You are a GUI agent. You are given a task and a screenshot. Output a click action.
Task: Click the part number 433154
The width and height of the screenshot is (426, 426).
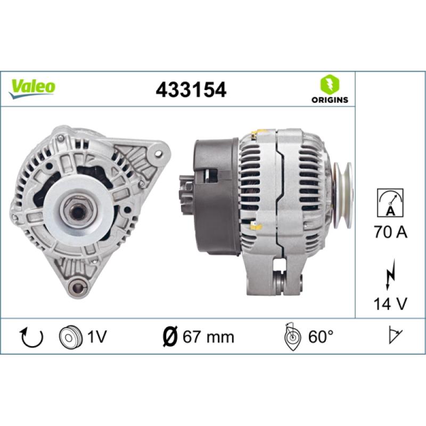[191, 89]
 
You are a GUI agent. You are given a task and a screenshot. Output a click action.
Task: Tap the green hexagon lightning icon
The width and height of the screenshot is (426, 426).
[330, 84]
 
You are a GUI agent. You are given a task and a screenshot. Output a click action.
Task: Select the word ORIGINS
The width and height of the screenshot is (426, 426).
[330, 100]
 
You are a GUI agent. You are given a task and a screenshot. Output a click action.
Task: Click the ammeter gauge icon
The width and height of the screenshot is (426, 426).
[390, 203]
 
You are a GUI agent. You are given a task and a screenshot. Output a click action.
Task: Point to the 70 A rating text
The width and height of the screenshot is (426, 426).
[390, 232]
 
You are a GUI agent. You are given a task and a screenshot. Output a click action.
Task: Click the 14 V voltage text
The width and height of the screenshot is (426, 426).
[390, 304]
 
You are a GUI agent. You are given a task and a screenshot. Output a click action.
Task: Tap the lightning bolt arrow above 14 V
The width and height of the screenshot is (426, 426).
[390, 274]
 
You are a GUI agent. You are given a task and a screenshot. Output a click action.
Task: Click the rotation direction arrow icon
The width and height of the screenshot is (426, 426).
[32, 338]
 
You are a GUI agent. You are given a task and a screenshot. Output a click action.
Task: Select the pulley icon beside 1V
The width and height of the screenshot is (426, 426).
[71, 337]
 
